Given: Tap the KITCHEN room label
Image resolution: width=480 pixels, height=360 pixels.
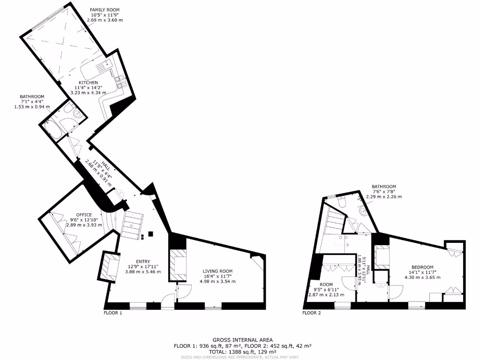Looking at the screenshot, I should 88,82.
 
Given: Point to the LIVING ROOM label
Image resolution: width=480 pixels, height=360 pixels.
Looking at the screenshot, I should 217,271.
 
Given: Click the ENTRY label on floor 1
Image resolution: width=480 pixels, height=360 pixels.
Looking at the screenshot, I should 143,262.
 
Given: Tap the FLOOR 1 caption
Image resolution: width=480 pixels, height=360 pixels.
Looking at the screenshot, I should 112,313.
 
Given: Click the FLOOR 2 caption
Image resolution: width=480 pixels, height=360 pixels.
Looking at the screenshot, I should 311,313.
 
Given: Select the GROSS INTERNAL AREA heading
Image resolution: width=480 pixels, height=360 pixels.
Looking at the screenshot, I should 242,340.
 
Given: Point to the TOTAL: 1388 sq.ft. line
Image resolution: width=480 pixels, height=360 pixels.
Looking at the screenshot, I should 242,351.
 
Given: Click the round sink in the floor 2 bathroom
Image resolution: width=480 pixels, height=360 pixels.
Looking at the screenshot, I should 362,211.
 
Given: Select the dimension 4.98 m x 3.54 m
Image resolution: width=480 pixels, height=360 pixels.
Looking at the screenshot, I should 217,282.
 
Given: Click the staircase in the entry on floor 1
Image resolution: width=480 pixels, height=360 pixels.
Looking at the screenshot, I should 132,224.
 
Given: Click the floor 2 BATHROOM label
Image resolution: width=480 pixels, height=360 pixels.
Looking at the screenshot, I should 384,186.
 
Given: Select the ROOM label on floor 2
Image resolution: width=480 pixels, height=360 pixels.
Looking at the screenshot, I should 326,285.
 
